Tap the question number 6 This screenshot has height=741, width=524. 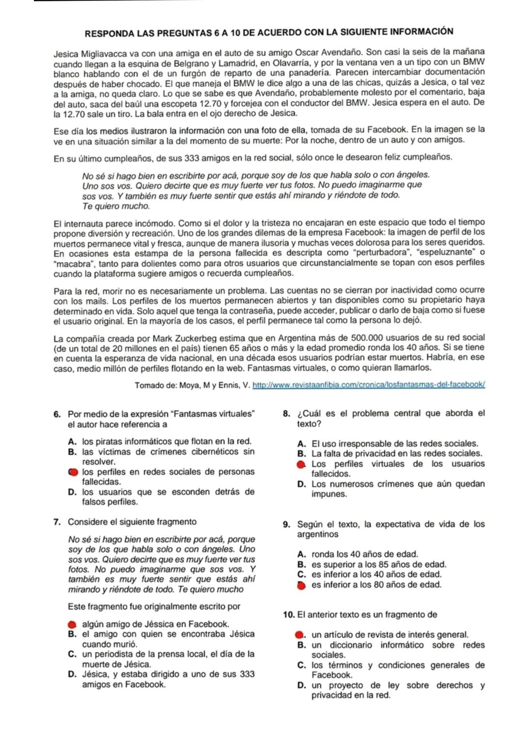[57, 415]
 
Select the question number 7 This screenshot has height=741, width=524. [57, 522]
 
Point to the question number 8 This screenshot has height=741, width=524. [286, 414]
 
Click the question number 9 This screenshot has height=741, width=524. [286, 525]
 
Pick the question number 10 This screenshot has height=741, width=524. [288, 615]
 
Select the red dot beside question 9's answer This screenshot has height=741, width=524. [301, 585]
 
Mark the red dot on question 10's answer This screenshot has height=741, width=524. [301, 635]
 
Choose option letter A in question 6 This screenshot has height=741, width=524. [72, 442]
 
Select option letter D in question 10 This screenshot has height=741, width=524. [301, 686]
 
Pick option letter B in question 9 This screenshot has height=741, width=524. [301, 564]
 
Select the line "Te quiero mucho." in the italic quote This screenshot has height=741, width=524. [116, 206]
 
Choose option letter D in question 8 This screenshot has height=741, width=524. [301, 484]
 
